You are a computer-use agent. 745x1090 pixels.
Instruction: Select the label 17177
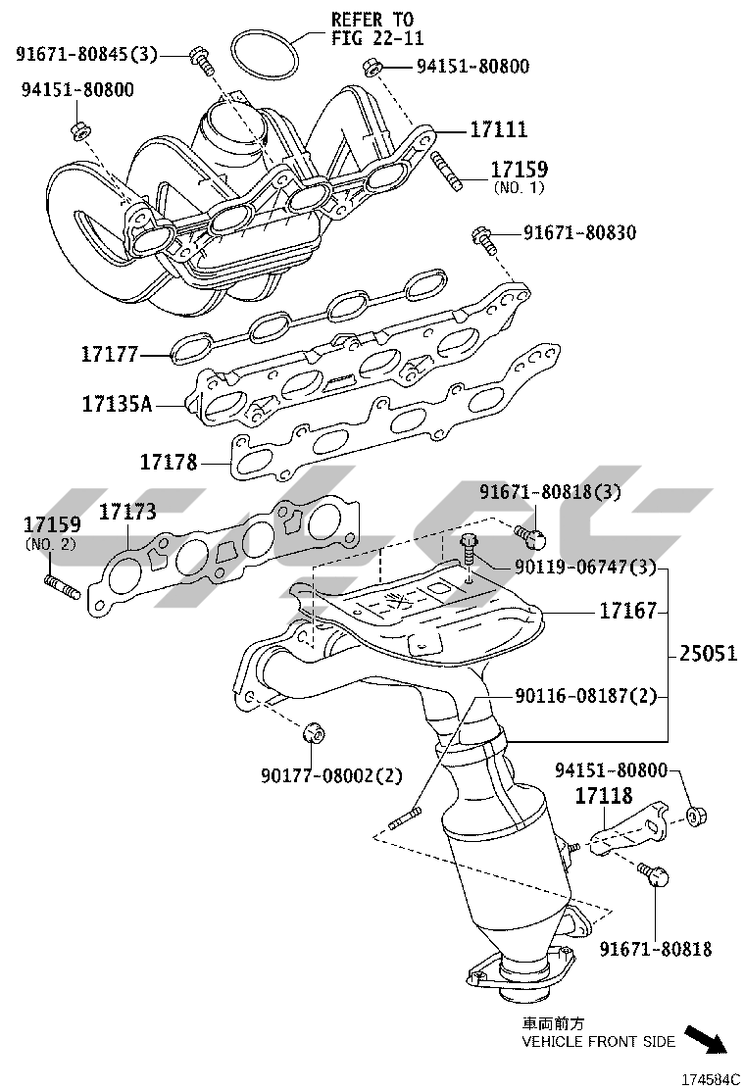[x=110, y=353]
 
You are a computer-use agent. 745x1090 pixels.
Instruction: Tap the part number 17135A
[x=117, y=403]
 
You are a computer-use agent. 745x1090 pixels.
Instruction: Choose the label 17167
[x=627, y=612]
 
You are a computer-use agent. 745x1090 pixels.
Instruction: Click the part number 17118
[x=603, y=796]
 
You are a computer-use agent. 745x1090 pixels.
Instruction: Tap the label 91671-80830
[x=579, y=233]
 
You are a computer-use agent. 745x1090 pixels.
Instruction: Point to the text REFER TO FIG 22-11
[x=372, y=27]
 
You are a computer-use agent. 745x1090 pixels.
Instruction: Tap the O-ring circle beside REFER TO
[x=265, y=55]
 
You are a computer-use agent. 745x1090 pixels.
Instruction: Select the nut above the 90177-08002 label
[x=311, y=731]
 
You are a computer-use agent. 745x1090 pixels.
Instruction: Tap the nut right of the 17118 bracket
[x=694, y=815]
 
